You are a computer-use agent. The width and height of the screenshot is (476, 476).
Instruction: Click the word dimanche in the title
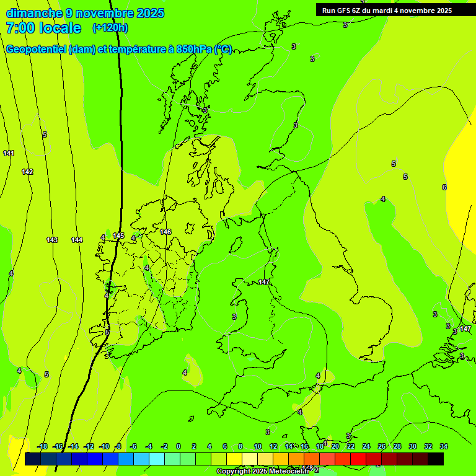click(x=34, y=13)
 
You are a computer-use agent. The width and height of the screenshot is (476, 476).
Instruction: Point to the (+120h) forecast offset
click(x=110, y=27)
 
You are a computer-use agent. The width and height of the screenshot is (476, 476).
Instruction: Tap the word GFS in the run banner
click(x=343, y=11)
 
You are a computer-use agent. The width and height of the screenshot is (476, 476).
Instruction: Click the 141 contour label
click(x=9, y=153)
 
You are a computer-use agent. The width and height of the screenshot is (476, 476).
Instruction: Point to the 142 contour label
click(x=27, y=172)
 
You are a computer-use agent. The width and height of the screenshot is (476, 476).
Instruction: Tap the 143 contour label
click(x=52, y=240)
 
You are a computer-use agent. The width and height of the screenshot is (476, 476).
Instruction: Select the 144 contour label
click(x=77, y=240)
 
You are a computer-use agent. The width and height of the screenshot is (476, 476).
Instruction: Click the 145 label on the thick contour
click(x=118, y=236)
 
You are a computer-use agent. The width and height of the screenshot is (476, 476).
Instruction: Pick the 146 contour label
click(x=165, y=232)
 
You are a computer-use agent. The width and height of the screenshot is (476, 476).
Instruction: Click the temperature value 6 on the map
click(x=444, y=187)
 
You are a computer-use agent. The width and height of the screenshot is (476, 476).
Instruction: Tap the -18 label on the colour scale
click(x=42, y=446)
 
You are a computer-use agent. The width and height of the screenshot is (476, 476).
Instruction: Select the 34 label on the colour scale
click(x=444, y=446)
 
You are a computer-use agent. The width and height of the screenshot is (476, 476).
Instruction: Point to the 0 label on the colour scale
click(x=178, y=446)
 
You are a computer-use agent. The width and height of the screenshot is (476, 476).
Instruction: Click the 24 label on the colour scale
click(x=366, y=446)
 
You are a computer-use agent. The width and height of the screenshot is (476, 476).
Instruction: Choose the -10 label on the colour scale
click(x=104, y=446)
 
